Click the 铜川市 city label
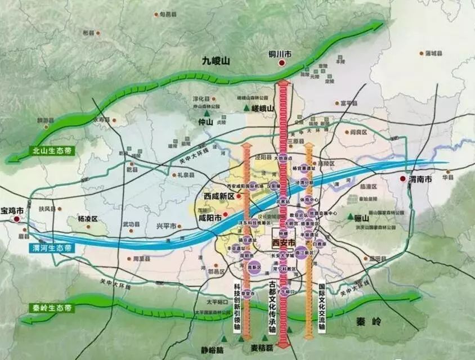click(x=280, y=55)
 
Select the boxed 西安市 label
click(x=283, y=242)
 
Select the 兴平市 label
click(x=166, y=226)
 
